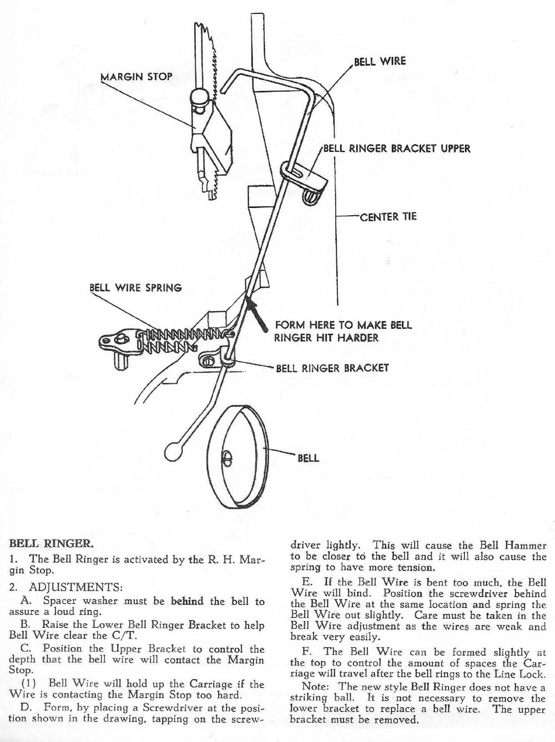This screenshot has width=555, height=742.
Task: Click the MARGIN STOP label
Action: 136,77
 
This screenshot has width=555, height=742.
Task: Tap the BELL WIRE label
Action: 380,61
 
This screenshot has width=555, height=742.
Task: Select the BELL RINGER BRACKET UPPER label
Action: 396,149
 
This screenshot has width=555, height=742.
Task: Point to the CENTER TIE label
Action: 388,216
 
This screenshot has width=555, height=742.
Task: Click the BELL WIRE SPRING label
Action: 135,288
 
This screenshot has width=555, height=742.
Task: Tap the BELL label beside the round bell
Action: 308,458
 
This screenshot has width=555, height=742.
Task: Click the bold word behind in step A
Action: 187,601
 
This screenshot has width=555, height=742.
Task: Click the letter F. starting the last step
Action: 307,652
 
